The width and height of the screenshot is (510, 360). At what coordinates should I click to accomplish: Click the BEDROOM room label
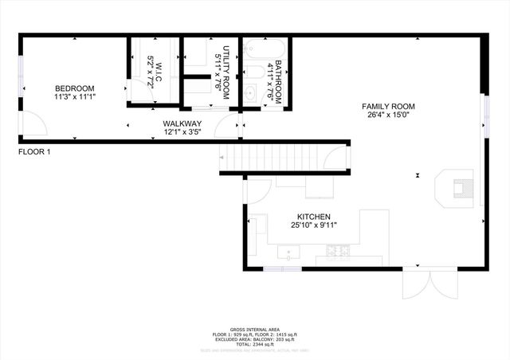click(74, 88)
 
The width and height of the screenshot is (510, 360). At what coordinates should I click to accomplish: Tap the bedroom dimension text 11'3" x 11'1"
click(74, 96)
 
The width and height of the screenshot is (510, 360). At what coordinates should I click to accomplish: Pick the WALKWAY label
click(182, 123)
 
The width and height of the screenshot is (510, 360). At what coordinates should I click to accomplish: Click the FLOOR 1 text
click(34, 151)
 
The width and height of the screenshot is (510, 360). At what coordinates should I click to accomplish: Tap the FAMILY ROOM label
click(388, 106)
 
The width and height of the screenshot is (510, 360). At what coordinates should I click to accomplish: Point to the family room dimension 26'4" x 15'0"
click(388, 115)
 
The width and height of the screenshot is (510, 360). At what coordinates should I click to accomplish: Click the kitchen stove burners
click(339, 253)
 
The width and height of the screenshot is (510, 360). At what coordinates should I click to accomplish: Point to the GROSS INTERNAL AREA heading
click(255, 329)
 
